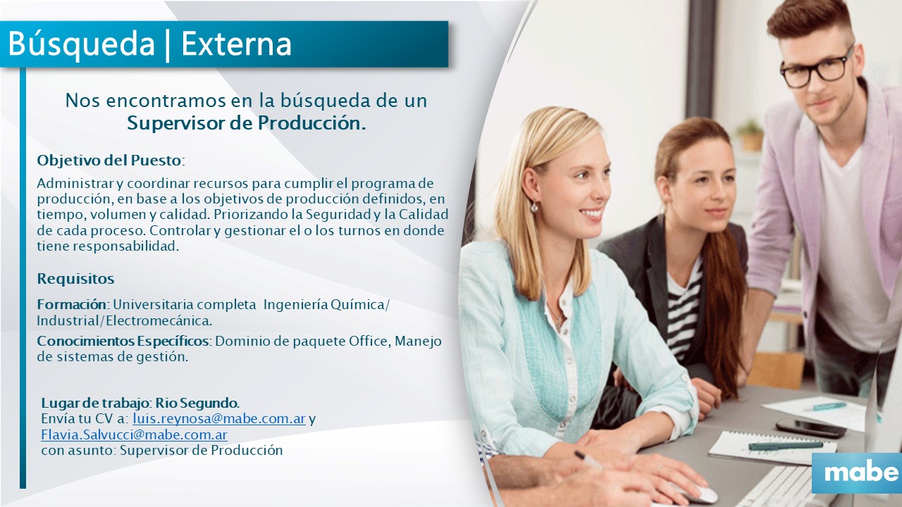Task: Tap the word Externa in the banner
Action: pos(236,44)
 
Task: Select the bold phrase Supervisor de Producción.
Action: pos(247,123)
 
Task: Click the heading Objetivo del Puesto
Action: pos(109,161)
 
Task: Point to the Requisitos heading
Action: pos(75,278)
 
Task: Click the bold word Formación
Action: pos(72,305)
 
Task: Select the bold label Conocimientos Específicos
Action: pos(123,342)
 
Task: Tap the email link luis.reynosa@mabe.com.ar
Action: pos(219,419)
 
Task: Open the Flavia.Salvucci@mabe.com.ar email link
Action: pos(134,435)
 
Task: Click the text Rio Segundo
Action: pos(197,403)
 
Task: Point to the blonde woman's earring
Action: pos(534,207)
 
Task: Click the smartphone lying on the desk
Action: pos(810,427)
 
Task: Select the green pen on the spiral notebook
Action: pos(786,446)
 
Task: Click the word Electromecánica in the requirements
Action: pos(159,321)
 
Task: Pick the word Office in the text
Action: pos(370,342)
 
